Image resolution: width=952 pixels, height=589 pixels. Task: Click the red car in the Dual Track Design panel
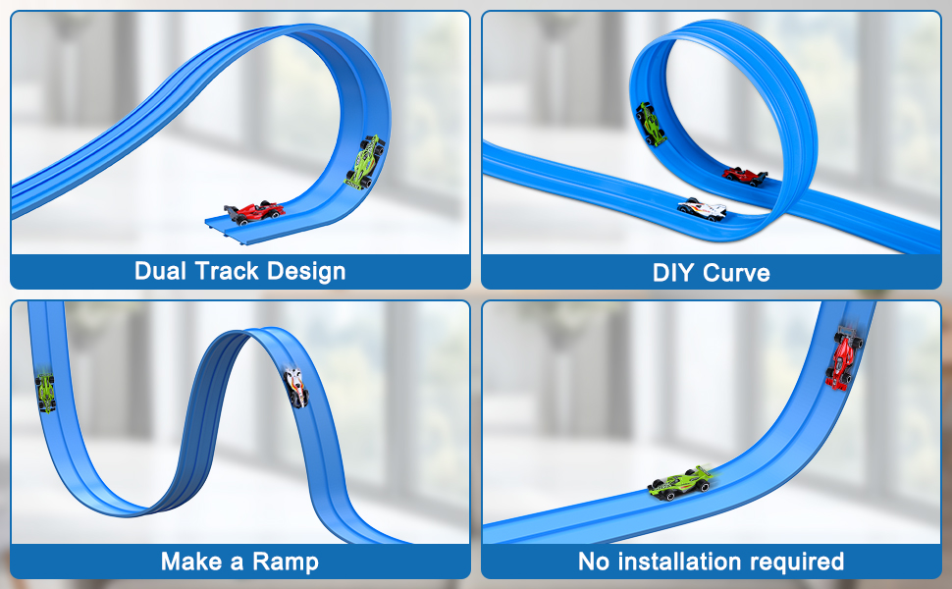click(x=254, y=213)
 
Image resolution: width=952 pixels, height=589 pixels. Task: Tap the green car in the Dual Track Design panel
click(x=365, y=162)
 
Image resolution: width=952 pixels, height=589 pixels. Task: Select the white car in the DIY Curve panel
click(x=703, y=209)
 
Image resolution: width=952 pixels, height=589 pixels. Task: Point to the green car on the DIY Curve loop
click(x=651, y=125)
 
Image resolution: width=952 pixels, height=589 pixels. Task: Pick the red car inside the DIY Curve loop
click(x=744, y=176)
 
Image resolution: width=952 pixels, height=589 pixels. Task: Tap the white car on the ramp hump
click(x=296, y=388)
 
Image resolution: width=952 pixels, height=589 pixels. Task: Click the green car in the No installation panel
click(x=681, y=482)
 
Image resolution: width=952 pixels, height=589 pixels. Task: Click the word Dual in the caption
click(x=160, y=271)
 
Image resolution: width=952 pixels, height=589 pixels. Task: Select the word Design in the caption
click(x=306, y=272)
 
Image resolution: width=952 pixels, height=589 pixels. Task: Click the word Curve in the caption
click(x=736, y=273)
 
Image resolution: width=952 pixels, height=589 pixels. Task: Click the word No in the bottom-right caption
click(x=593, y=562)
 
